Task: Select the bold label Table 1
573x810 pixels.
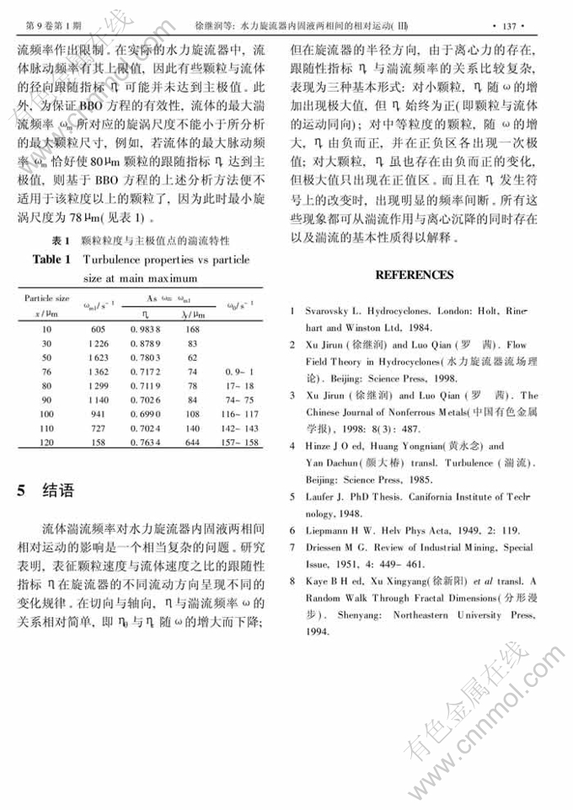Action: (x=51, y=260)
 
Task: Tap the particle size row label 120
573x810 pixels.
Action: (x=46, y=442)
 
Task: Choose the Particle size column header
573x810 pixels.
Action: (x=46, y=298)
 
